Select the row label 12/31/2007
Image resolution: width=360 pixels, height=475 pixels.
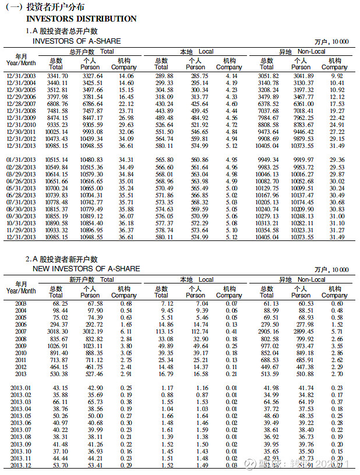(x=22, y=103)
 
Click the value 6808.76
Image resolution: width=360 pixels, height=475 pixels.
(x=58, y=103)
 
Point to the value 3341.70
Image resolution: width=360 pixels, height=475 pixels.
(x=58, y=76)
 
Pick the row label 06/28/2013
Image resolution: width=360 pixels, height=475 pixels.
(x=22, y=194)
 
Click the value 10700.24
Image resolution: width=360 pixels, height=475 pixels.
(x=57, y=188)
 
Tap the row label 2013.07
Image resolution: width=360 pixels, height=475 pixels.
(x=22, y=430)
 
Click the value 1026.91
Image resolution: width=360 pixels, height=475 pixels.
(x=58, y=345)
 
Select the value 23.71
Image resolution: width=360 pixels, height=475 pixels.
(x=126, y=110)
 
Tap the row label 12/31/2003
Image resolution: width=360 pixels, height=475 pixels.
(x=22, y=76)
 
